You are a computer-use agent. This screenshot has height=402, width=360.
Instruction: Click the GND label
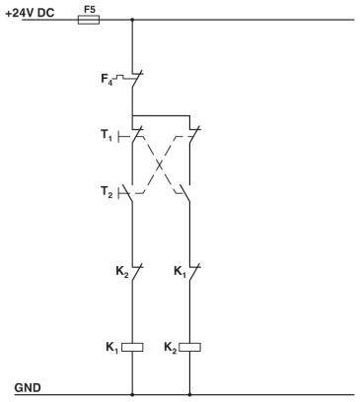[27, 386]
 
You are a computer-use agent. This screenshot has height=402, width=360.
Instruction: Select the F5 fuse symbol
[88, 19]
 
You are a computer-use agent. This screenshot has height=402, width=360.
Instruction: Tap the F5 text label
[89, 7]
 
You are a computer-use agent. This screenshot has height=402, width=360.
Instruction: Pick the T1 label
[106, 133]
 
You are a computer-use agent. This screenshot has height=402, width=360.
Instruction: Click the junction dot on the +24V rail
[132, 19]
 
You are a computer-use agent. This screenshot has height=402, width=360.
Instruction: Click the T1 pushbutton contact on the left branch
[133, 133]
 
